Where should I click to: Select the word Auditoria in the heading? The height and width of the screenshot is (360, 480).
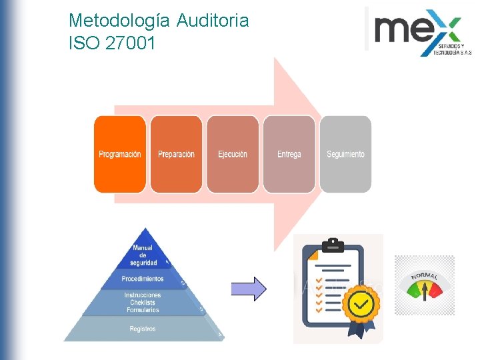pos(213,21)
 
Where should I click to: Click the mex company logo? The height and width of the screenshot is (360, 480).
pos(417,31)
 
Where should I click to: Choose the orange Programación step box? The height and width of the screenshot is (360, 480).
pos(120,154)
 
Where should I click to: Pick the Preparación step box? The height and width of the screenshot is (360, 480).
pos(176,154)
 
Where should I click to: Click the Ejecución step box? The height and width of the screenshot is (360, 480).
pos(233,154)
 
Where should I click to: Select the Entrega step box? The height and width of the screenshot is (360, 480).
pos(289,154)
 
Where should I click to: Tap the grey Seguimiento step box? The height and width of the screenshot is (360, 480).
pos(345,154)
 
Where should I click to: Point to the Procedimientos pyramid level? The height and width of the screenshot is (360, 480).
pos(143,279)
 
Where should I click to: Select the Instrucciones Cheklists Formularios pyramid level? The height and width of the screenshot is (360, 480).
pos(142,302)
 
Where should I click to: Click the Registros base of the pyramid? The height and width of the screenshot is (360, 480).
pos(143,329)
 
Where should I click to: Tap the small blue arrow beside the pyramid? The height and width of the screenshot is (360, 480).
pos(248,289)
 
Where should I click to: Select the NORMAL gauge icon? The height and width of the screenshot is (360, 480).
pos(424,285)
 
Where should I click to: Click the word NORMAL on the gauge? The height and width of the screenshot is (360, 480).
pos(424,275)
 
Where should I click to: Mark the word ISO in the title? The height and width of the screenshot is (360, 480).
pos(83,44)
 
